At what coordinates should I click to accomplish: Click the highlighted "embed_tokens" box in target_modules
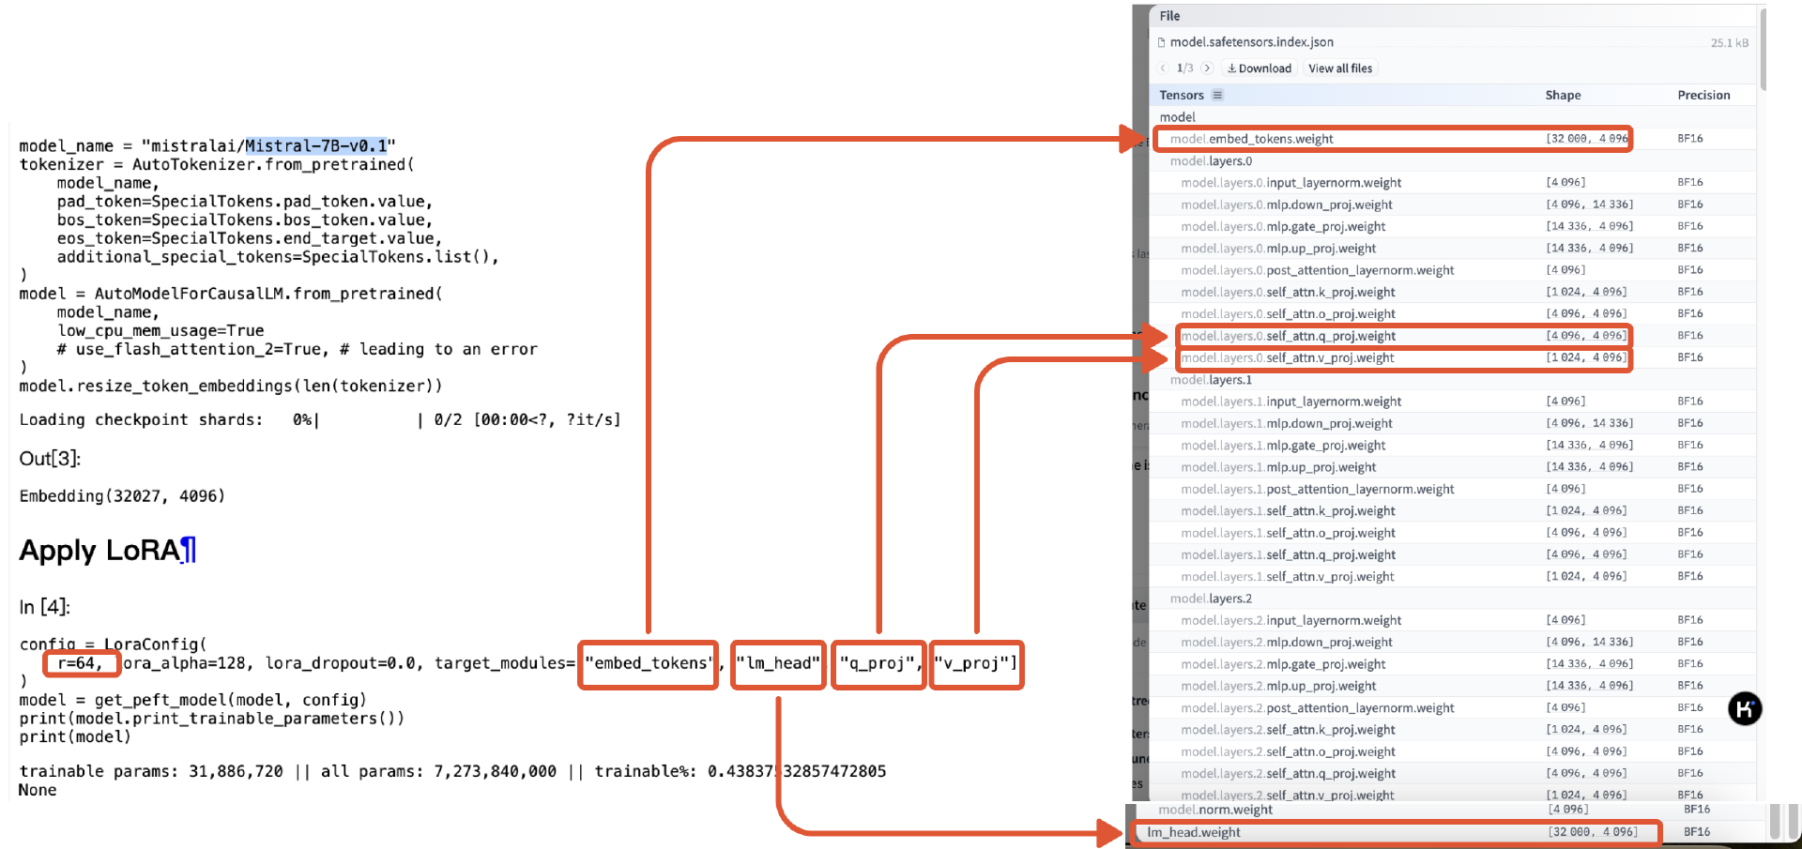[x=649, y=664]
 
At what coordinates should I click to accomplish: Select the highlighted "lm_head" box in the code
[x=778, y=664]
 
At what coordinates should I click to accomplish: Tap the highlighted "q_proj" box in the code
[x=878, y=664]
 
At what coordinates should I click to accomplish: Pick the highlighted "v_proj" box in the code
[x=976, y=664]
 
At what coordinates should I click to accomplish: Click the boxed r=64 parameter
[x=81, y=664]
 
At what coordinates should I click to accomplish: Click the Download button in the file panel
[x=1260, y=68]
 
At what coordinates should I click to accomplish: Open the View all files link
[x=1340, y=68]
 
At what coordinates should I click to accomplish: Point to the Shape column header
[x=1563, y=96]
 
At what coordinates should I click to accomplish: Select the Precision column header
[x=1703, y=96]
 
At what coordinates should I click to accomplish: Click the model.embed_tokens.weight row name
[x=1251, y=139]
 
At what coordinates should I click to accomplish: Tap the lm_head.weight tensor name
[x=1194, y=832]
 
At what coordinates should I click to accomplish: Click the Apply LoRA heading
[x=99, y=551]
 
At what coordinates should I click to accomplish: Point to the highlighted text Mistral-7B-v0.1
[x=316, y=146]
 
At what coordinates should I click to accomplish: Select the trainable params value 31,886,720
[x=236, y=771]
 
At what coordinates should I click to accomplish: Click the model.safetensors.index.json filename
[x=1251, y=42]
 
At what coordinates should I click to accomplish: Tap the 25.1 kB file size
[x=1729, y=43]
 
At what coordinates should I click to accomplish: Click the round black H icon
[x=1745, y=709]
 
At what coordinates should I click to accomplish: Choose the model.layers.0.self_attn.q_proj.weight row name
[x=1288, y=336]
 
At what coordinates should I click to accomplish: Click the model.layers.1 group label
[x=1211, y=380]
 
